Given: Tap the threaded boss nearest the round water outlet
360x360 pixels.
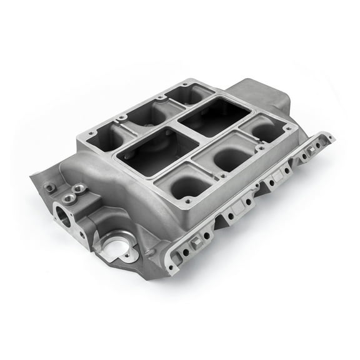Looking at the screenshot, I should [79, 188].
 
